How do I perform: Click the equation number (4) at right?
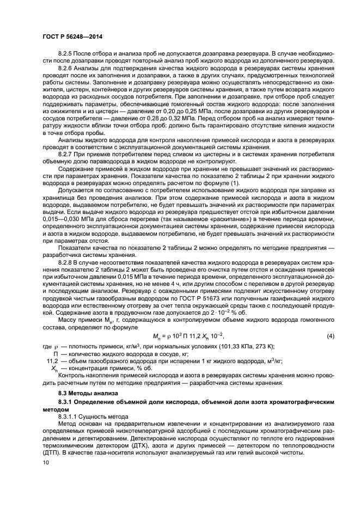pyautogui.click(x=331, y=335)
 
